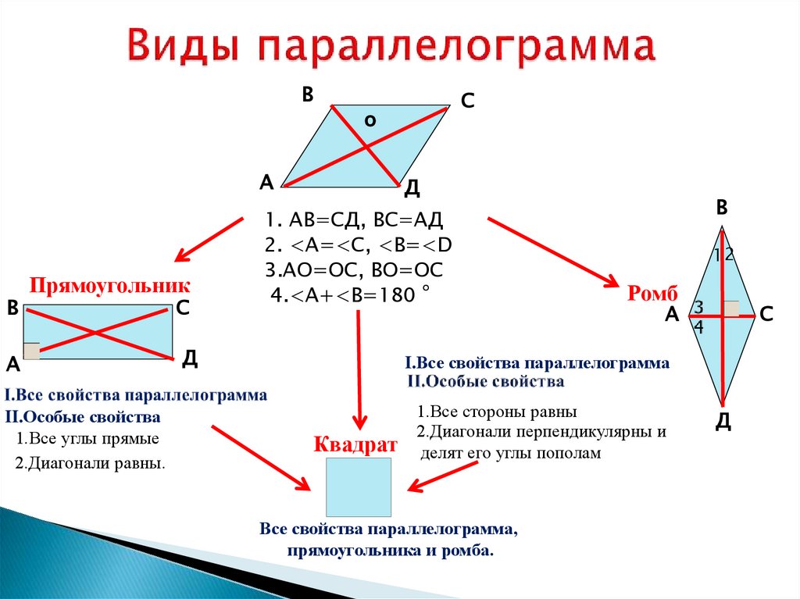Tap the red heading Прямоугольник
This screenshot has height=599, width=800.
tap(110, 284)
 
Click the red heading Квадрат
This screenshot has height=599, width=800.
tap(355, 445)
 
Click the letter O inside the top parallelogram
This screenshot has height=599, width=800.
tap(370, 120)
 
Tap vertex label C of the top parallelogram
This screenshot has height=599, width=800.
tap(467, 102)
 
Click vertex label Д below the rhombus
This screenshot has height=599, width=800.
tap(723, 423)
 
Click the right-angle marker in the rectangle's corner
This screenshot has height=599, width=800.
tap(32, 351)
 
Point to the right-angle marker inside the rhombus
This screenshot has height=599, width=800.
tap(731, 308)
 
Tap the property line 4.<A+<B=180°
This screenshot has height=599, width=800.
tap(350, 295)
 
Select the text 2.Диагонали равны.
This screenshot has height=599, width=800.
tap(90, 462)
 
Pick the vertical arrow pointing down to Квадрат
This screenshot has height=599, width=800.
tap(359, 367)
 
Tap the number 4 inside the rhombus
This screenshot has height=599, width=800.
tap(698, 329)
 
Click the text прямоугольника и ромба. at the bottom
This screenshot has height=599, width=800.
tap(391, 551)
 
